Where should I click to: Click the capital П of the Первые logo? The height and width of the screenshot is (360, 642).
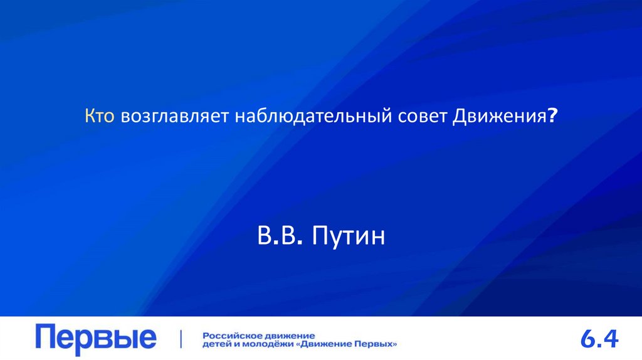(48, 337)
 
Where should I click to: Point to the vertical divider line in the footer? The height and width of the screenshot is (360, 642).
(182, 339)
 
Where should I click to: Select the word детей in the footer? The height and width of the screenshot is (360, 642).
(216, 344)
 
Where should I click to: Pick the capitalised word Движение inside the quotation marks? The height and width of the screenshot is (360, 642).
(327, 344)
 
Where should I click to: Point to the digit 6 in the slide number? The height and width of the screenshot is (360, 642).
(588, 339)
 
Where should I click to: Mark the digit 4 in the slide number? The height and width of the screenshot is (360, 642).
(611, 339)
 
